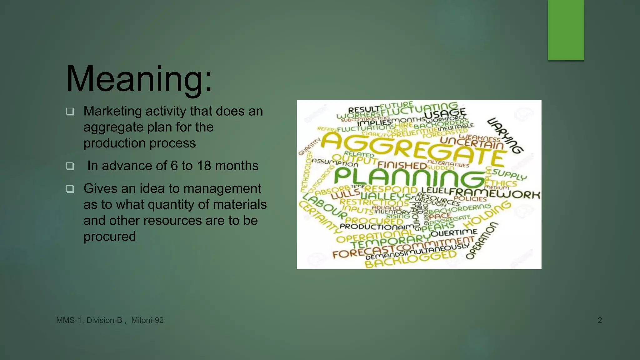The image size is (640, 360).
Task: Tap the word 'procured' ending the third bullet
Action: click(x=110, y=237)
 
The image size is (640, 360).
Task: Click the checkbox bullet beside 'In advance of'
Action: click(x=70, y=166)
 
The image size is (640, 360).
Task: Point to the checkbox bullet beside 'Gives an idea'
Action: click(x=70, y=189)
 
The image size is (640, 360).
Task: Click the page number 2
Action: click(x=600, y=320)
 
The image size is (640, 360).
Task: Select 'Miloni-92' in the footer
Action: click(x=147, y=320)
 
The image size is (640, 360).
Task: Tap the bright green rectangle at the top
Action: click(x=566, y=30)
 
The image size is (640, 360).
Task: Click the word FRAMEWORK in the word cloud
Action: click(x=495, y=193)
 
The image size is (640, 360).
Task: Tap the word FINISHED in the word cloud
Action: click(x=402, y=165)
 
